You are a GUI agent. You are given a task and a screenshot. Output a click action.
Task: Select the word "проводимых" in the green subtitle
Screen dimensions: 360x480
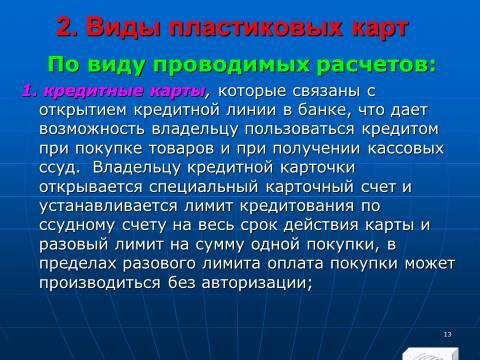249,67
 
